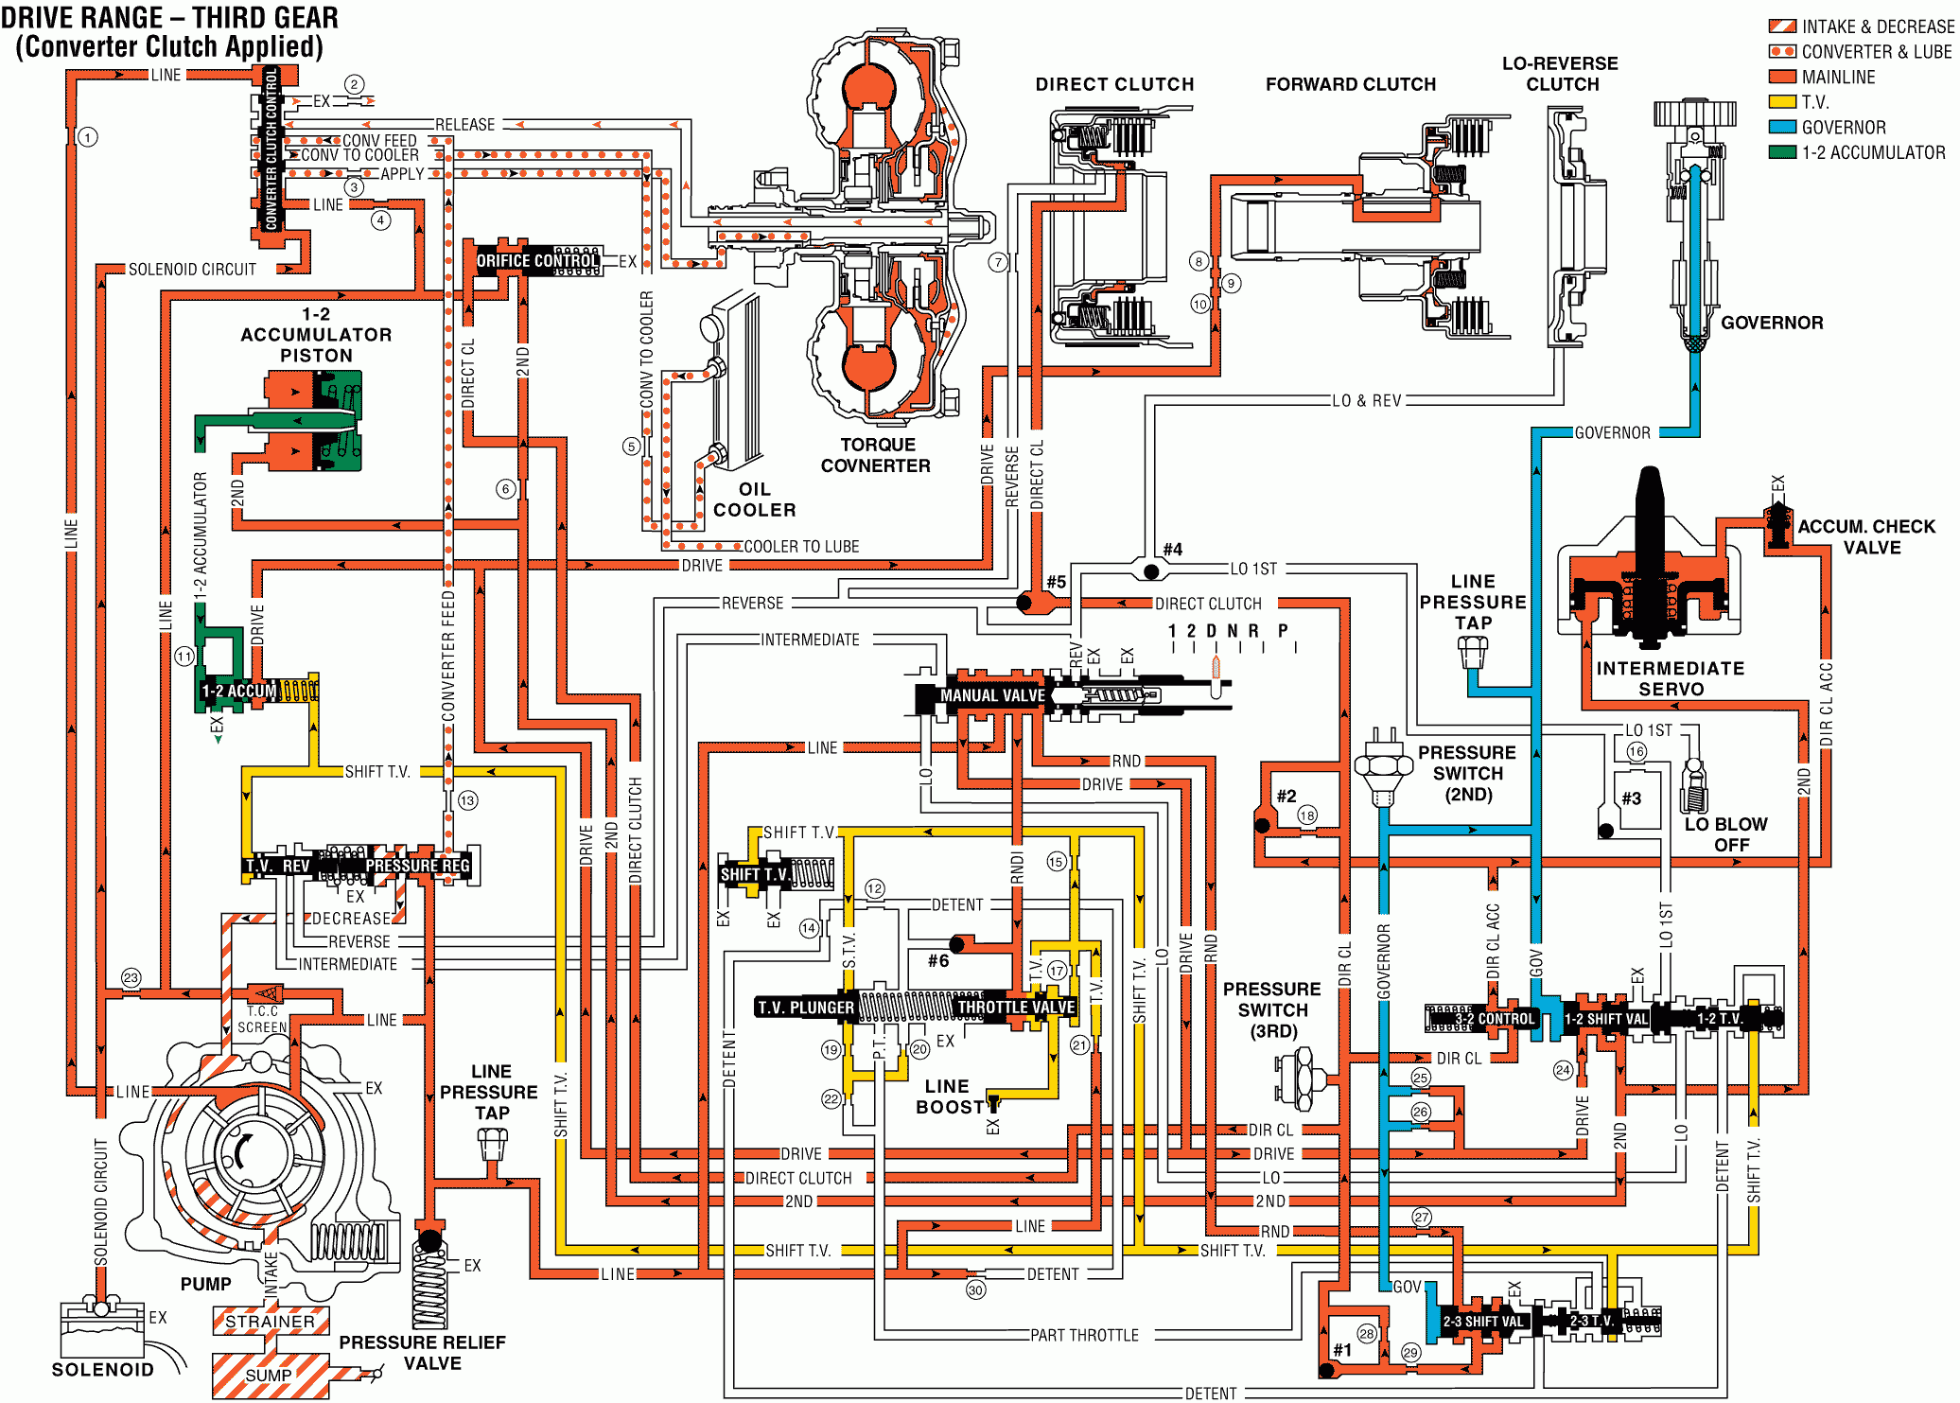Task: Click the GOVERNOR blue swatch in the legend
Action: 1782,127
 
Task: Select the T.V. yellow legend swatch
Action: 1782,101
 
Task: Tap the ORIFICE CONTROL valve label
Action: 536,260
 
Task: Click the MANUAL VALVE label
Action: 992,695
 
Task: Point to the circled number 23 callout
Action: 131,977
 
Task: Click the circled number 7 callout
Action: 998,262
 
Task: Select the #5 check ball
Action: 1024,602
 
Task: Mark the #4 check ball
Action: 1151,571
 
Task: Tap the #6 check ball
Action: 957,943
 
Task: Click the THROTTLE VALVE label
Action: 1016,1007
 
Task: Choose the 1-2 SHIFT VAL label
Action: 1605,1019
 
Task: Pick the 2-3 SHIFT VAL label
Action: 1483,1322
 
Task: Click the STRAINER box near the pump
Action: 271,1321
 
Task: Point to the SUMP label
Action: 269,1375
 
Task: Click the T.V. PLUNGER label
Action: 806,1008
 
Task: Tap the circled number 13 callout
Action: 467,800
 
